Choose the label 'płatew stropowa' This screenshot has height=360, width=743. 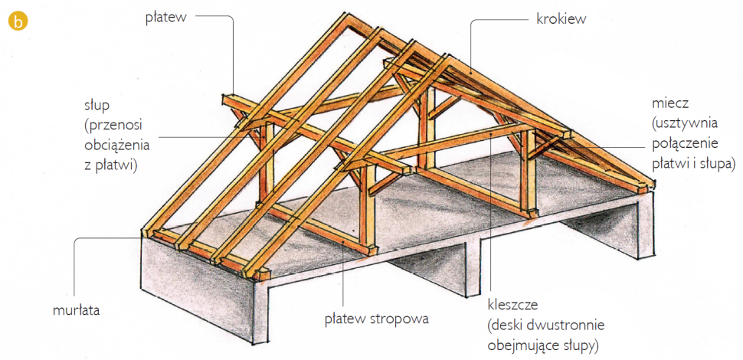coord(375,316)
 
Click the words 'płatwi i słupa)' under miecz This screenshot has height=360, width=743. coord(693,163)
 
